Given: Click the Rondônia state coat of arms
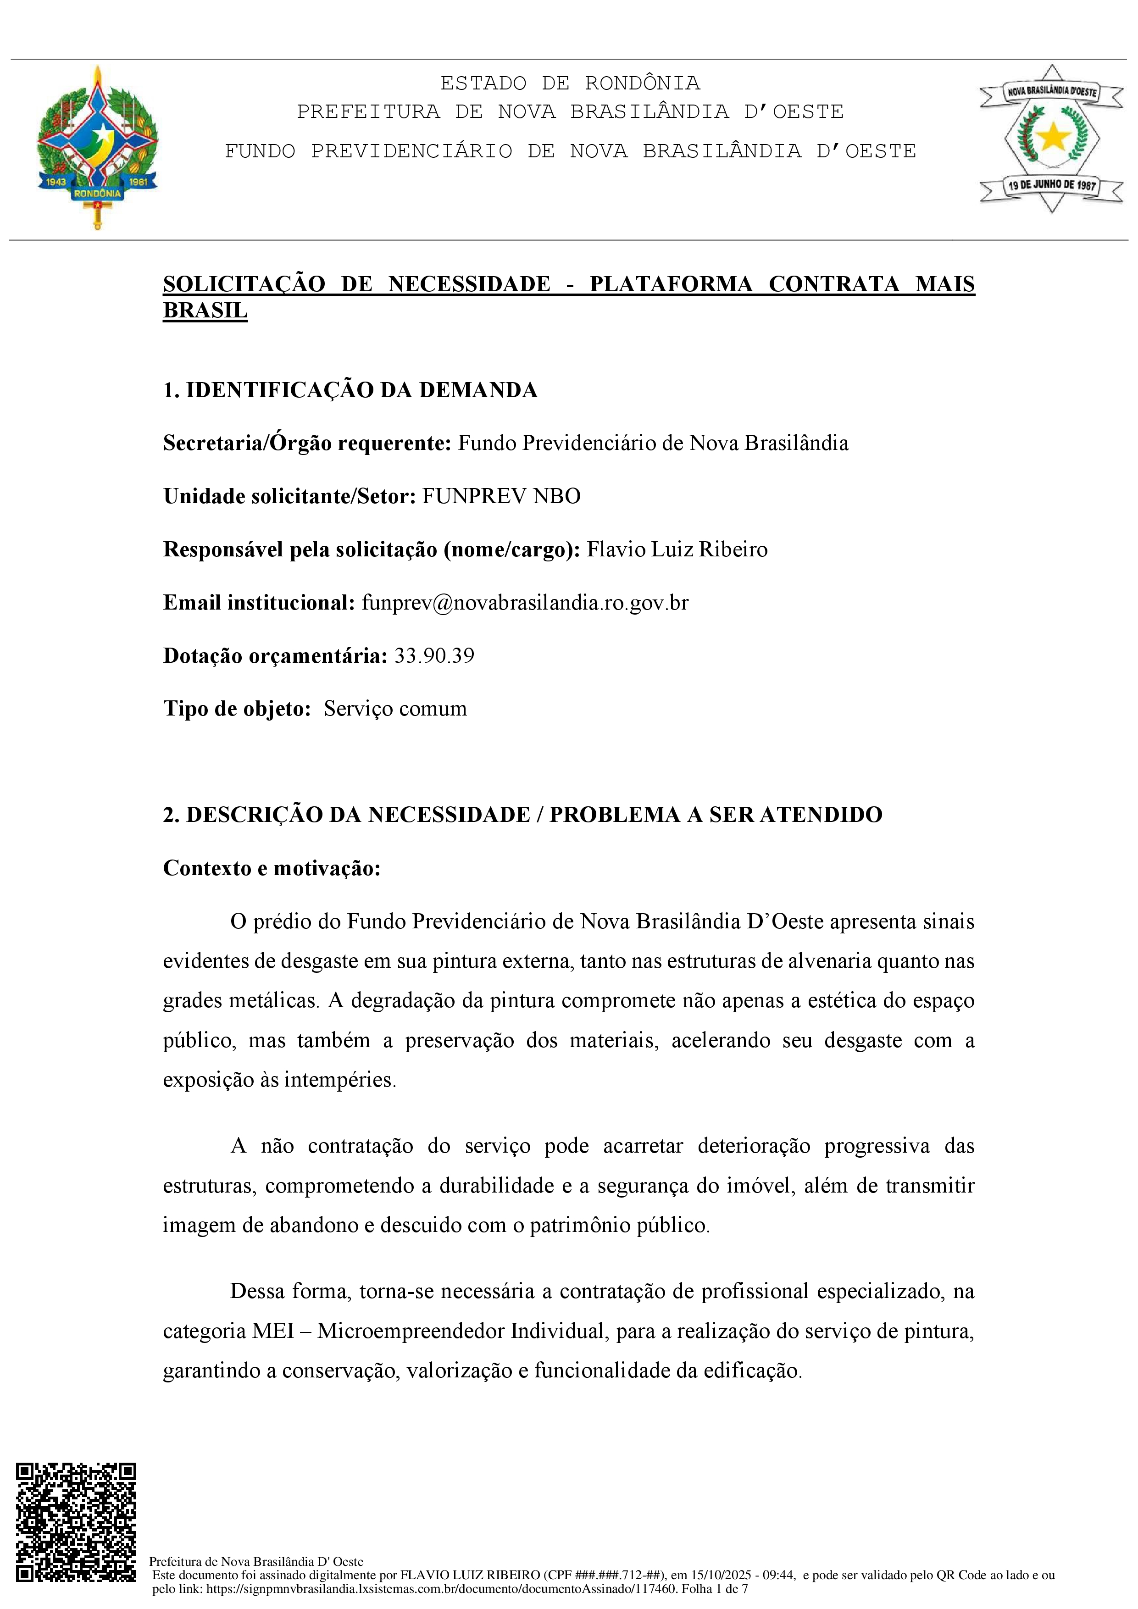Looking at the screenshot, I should point(97,147).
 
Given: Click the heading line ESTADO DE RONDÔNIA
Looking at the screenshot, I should point(570,83).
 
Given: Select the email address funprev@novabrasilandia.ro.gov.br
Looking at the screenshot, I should point(525,603).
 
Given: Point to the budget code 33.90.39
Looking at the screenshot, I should point(434,656).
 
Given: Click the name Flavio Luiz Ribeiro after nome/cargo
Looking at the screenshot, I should point(677,549).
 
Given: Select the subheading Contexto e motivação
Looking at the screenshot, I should point(272,868).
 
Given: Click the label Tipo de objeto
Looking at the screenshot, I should point(237,709).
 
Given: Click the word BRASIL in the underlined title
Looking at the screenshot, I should point(205,311).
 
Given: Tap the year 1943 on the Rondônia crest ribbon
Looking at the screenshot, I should point(56,182).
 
